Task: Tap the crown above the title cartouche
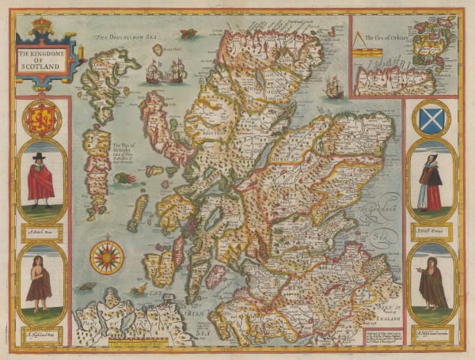pos(42,27)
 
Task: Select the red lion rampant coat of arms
pos(42,118)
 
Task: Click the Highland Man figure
pos(39,280)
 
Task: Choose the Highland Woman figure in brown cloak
pos(432,282)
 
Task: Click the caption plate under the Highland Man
pos(41,331)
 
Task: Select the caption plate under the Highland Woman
pos(432,332)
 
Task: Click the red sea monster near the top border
pos(188,33)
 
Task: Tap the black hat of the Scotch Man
pos(38,157)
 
